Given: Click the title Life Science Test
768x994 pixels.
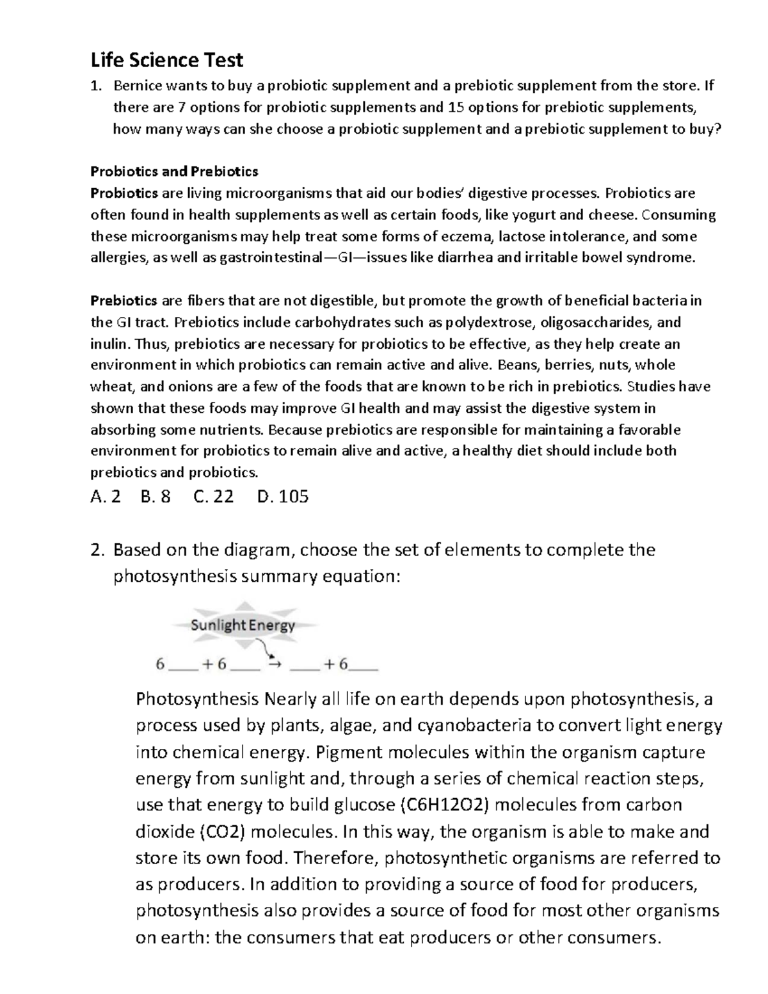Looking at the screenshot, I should click(x=166, y=60).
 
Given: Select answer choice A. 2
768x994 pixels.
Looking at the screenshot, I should click(x=106, y=496).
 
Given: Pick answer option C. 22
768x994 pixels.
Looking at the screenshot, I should click(x=213, y=496).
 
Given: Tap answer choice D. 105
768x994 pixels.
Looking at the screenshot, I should click(x=282, y=496).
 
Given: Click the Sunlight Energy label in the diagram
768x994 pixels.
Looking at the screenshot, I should click(x=243, y=625).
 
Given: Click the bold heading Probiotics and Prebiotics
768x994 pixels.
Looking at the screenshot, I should click(x=174, y=171).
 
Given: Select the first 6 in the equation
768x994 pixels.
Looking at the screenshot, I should click(x=160, y=664).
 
